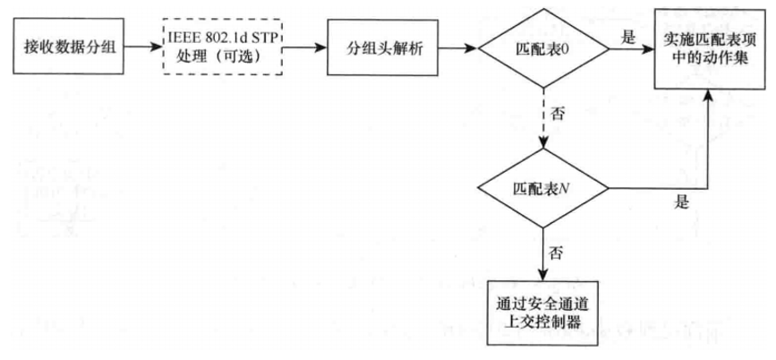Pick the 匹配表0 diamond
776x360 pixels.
click(542, 47)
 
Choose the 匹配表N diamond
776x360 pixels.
click(543, 188)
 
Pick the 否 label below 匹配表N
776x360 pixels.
click(557, 252)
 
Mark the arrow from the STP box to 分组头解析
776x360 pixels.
click(302, 47)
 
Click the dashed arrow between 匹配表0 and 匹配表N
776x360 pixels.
click(543, 121)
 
